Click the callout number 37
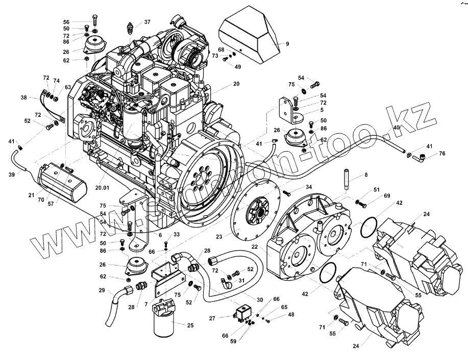147,22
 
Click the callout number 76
442,153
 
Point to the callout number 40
396,128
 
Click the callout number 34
308,188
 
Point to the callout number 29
102,291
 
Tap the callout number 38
23,97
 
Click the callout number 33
176,234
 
